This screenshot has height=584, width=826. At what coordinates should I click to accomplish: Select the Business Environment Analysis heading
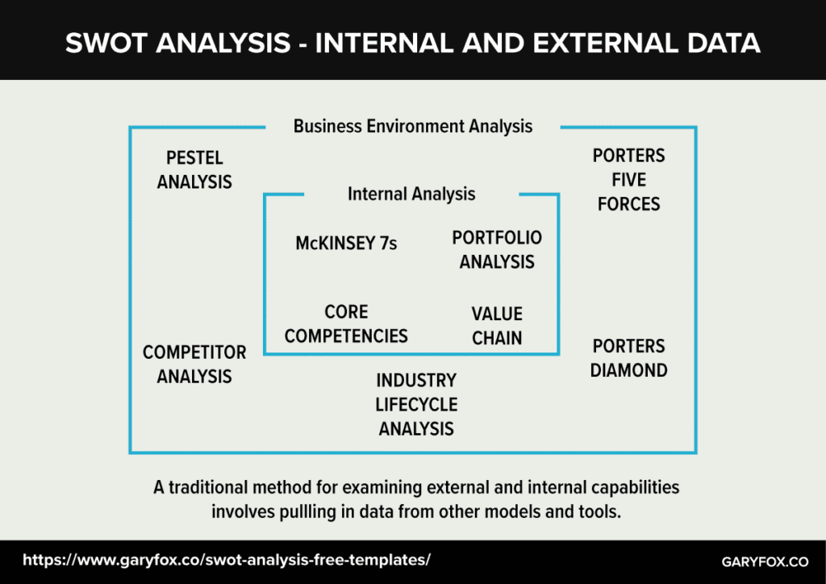(412, 126)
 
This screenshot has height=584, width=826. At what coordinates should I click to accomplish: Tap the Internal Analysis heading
(411, 194)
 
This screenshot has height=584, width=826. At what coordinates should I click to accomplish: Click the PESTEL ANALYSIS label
(194, 169)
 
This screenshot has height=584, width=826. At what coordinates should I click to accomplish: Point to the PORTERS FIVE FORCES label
(628, 180)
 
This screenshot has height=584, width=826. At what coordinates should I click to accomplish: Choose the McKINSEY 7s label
(346, 243)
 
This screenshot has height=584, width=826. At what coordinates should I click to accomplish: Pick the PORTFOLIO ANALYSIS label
(497, 250)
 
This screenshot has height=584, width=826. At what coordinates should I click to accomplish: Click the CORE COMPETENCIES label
(346, 323)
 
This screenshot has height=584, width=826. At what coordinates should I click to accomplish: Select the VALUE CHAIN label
(497, 326)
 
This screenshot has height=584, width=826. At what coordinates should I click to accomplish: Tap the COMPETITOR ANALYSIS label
(194, 365)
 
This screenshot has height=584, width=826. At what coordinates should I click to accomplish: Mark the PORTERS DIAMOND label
(628, 358)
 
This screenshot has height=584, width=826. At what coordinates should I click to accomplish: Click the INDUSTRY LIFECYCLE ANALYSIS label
(416, 404)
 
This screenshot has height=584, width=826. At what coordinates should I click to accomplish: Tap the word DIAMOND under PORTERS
(628, 370)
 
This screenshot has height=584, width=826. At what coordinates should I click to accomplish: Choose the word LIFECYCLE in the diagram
(416, 404)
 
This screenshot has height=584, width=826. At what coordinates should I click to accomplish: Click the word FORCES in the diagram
(628, 204)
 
